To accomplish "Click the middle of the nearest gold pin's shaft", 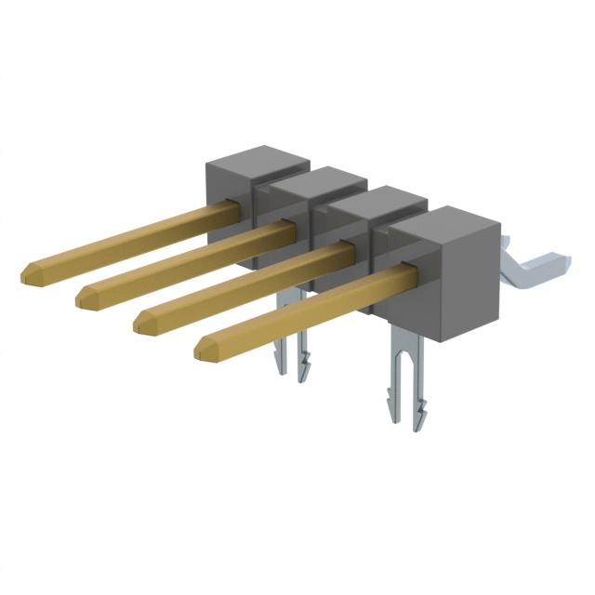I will pos(297,310).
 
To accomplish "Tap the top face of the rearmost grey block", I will pos(255,157).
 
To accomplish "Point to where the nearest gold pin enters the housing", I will pos(398,273).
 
